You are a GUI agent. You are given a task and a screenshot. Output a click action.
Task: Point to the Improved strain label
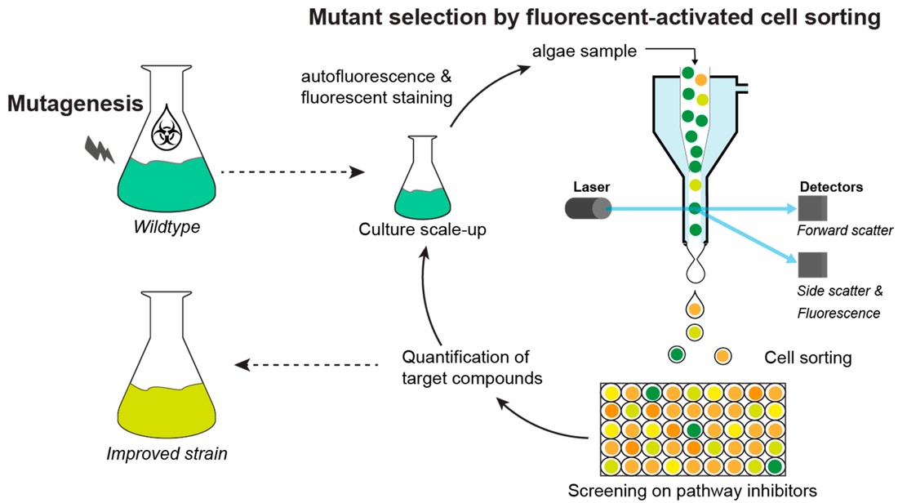[x=167, y=453]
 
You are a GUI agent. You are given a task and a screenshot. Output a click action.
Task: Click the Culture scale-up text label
[x=423, y=229]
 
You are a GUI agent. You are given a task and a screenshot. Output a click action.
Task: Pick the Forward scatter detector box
[x=814, y=209]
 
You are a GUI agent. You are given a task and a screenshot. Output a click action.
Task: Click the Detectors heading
[x=831, y=187]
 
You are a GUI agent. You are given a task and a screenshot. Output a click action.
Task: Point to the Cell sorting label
[x=807, y=358]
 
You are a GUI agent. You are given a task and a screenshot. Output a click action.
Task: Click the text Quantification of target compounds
[x=466, y=367]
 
